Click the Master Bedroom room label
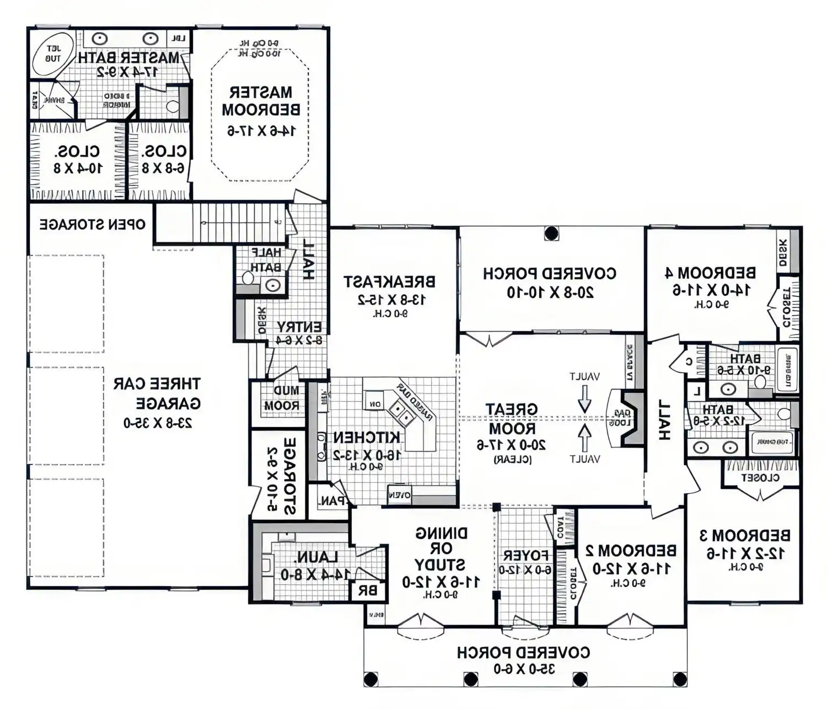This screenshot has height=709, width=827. (x=261, y=101)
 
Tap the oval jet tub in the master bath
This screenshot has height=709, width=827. (x=53, y=54)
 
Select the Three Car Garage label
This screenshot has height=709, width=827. (x=157, y=393)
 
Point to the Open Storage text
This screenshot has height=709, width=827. (x=92, y=225)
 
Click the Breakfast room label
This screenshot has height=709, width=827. (x=389, y=282)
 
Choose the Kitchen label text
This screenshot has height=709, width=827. (x=367, y=438)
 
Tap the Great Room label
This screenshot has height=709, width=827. (x=511, y=419)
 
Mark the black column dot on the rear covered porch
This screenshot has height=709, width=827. (x=551, y=233)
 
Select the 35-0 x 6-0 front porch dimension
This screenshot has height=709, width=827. (x=524, y=669)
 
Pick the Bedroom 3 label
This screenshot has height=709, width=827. (x=745, y=535)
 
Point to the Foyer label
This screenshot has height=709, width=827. (x=525, y=555)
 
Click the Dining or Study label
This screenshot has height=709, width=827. (x=441, y=549)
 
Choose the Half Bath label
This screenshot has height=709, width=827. (x=266, y=260)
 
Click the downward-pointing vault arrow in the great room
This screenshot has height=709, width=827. (x=584, y=398)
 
